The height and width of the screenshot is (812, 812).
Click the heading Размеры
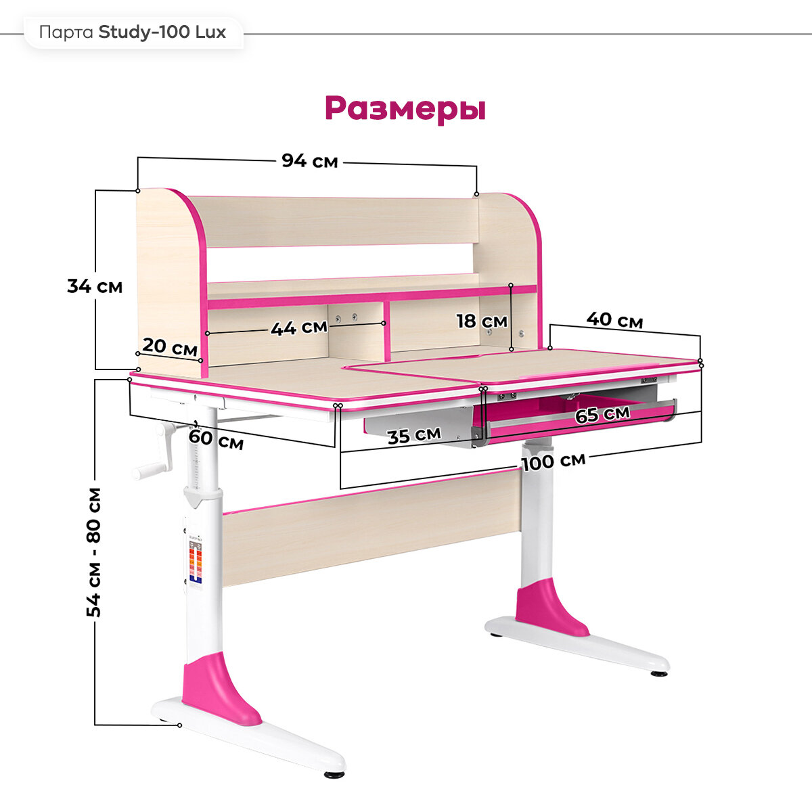(x=405, y=108)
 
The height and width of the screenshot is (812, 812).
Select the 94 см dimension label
(x=309, y=161)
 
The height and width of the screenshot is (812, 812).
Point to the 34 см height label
(x=95, y=286)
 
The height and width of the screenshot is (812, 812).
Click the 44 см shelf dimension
(x=299, y=328)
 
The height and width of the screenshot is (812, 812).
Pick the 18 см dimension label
(x=481, y=321)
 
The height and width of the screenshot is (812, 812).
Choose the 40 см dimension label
(x=614, y=319)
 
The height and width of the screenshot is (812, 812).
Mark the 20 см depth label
(x=169, y=347)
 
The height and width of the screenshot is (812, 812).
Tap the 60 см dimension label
(x=216, y=439)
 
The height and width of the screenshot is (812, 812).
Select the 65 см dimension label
(x=602, y=413)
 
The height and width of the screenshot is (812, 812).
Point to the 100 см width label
(x=553, y=461)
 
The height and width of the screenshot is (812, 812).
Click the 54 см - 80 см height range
(x=95, y=551)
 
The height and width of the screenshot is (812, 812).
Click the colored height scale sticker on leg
(x=196, y=563)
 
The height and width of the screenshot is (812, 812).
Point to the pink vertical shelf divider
(x=386, y=332)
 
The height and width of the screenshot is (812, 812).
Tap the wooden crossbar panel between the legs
(x=372, y=524)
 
